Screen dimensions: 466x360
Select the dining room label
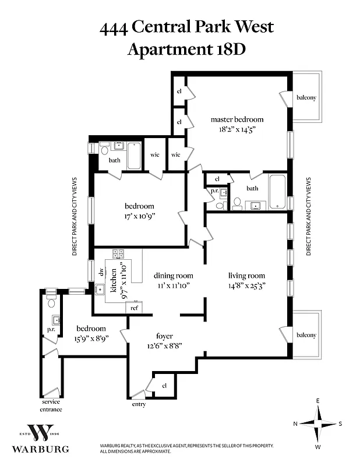point(173,276)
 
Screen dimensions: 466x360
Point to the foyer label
point(165,336)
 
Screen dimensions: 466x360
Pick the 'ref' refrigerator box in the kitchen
point(134,308)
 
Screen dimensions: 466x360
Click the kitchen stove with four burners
point(118,253)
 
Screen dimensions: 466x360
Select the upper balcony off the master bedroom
point(306,97)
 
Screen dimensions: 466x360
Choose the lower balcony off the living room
point(306,335)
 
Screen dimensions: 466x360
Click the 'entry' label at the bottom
point(139,404)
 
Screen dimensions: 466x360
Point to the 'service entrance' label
point(51,405)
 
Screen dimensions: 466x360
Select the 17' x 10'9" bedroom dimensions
point(139,216)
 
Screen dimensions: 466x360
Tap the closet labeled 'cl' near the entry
point(164,385)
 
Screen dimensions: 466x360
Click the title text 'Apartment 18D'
point(186,48)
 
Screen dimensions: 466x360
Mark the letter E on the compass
point(317,401)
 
